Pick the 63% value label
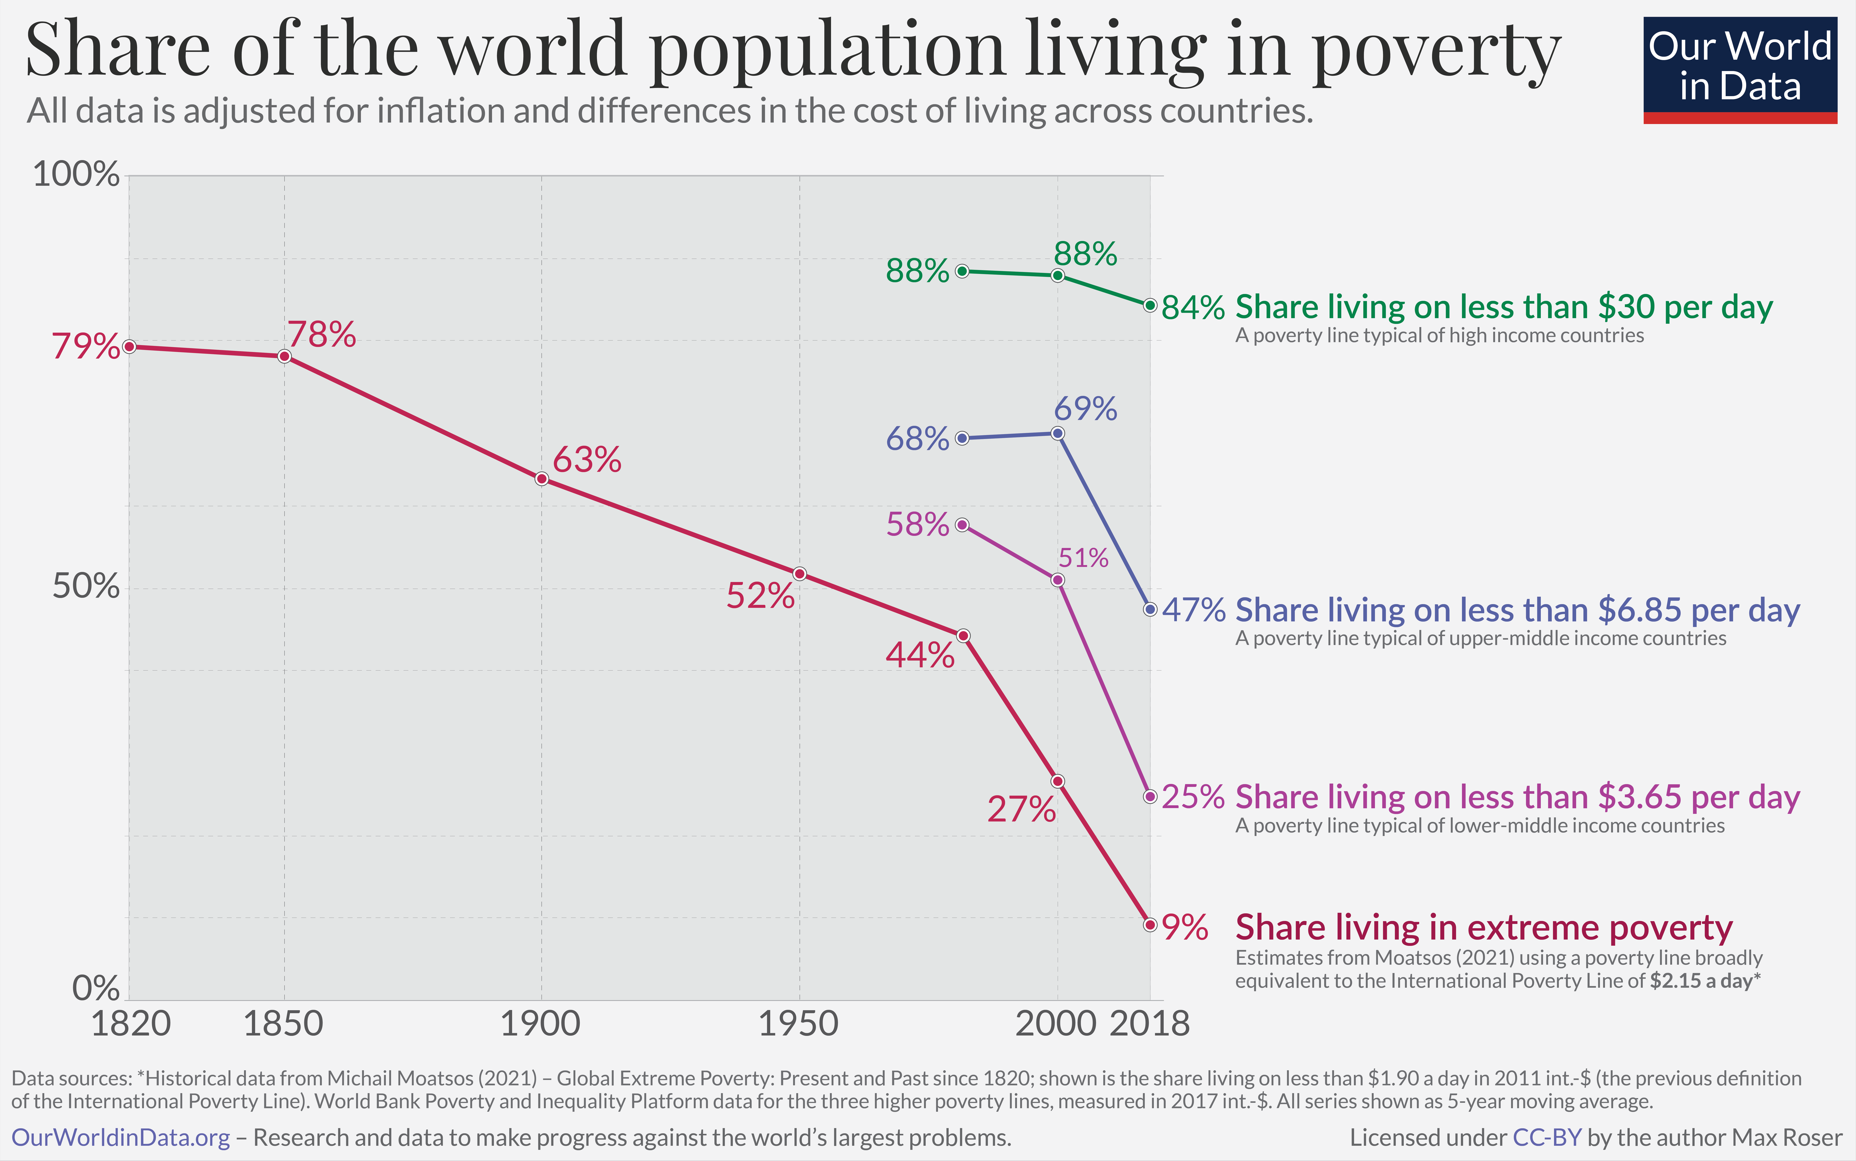(x=587, y=460)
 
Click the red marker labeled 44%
(x=963, y=636)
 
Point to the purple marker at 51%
(x=1057, y=580)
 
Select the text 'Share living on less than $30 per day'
(x=1504, y=307)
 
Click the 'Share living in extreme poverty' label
(x=1484, y=928)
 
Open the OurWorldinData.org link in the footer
(x=120, y=1137)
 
